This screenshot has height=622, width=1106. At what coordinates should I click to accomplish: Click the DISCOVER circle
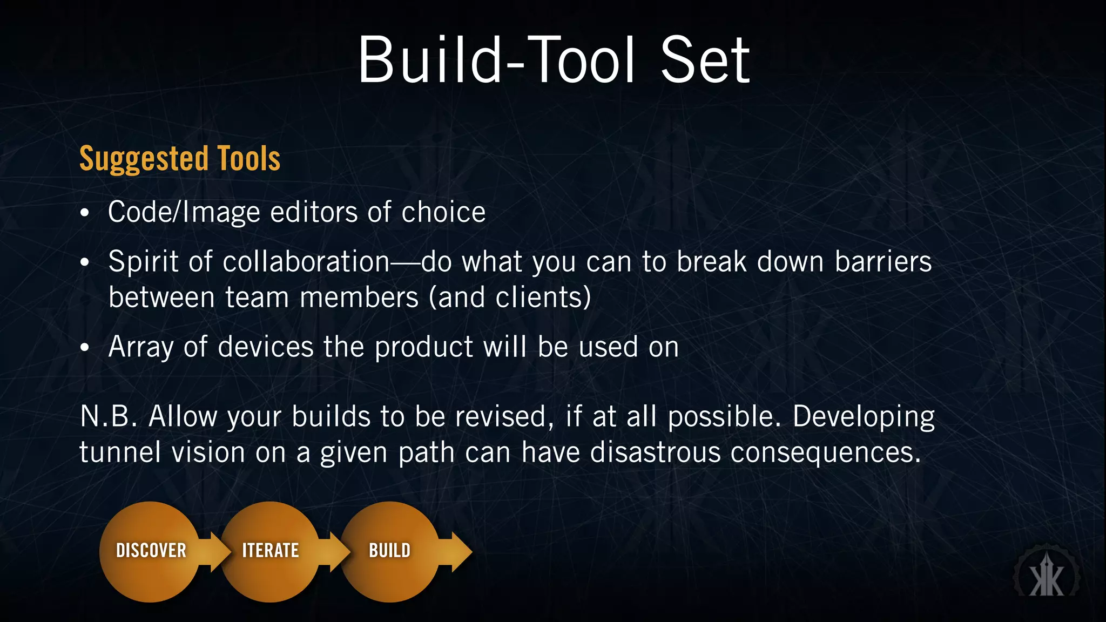[150, 551]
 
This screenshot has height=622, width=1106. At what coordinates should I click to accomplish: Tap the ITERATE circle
[270, 551]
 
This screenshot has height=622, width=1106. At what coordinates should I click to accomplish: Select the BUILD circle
[389, 551]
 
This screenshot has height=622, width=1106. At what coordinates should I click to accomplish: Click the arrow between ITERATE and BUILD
[334, 551]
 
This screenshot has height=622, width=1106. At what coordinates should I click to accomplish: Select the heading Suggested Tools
[180, 159]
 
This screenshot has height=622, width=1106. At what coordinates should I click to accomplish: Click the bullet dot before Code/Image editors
[84, 213]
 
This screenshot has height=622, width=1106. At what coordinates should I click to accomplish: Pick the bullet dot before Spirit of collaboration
[84, 263]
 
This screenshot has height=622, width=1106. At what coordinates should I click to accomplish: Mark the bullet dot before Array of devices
[84, 348]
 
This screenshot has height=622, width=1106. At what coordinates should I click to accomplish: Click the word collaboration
[306, 262]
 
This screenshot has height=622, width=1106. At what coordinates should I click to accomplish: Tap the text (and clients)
[510, 298]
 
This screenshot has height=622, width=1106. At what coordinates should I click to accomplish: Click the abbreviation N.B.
[108, 417]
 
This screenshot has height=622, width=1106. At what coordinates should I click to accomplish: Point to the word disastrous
[655, 452]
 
